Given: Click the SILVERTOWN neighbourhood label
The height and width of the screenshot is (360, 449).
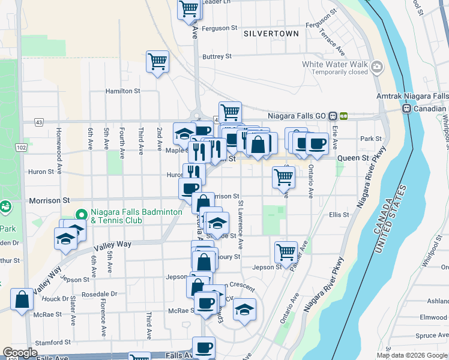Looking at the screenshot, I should click(270, 34).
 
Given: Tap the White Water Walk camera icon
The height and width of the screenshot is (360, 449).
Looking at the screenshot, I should click(377, 66).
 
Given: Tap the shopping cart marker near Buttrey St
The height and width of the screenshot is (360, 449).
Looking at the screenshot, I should click(157, 61).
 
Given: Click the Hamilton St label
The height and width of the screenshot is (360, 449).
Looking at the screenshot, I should click(122, 91).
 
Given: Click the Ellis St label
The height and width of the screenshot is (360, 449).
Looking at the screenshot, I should click(339, 214).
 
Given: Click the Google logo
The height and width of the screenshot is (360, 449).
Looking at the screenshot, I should click(20, 353).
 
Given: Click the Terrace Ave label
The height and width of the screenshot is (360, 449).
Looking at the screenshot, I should click(331, 40).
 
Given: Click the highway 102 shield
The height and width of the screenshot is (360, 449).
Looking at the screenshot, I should click(22, 148).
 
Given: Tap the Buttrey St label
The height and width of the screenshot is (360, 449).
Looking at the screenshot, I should click(217, 56).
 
